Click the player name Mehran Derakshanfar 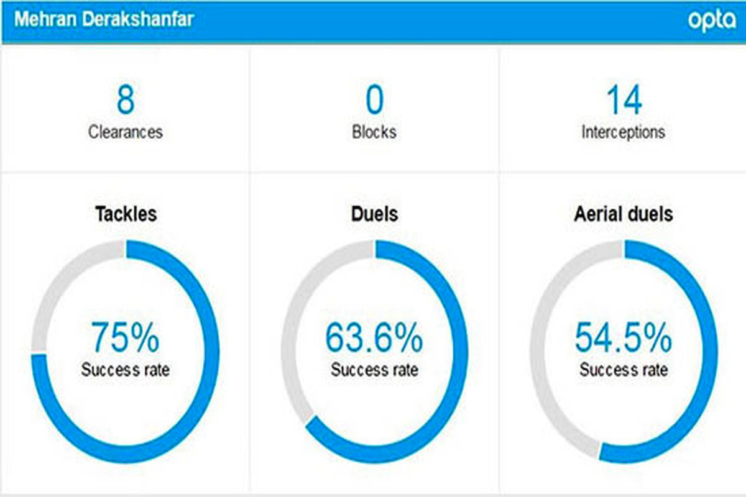point(104,19)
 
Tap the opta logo point(711,21)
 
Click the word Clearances point(125,132)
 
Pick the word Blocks point(374,132)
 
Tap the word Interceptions point(624,132)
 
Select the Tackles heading point(126,214)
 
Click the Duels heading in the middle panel point(374,214)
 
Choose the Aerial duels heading point(624,214)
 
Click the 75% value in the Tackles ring point(126,337)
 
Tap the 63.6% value point(374,339)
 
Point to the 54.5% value point(624,339)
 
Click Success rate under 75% point(126,370)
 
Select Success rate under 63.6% point(374,370)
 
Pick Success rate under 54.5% point(624,370)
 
